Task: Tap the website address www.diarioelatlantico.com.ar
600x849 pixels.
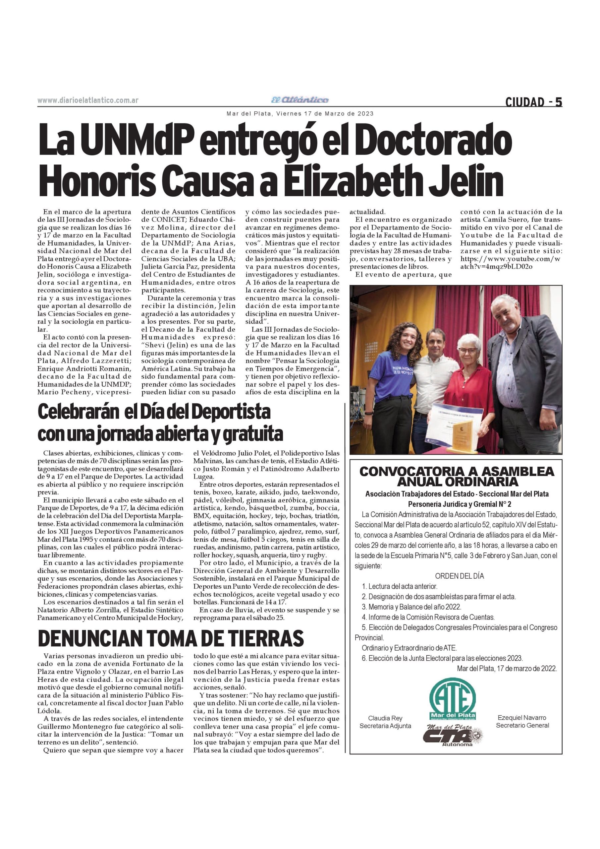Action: coord(88,100)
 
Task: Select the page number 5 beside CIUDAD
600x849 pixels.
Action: coord(558,102)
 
